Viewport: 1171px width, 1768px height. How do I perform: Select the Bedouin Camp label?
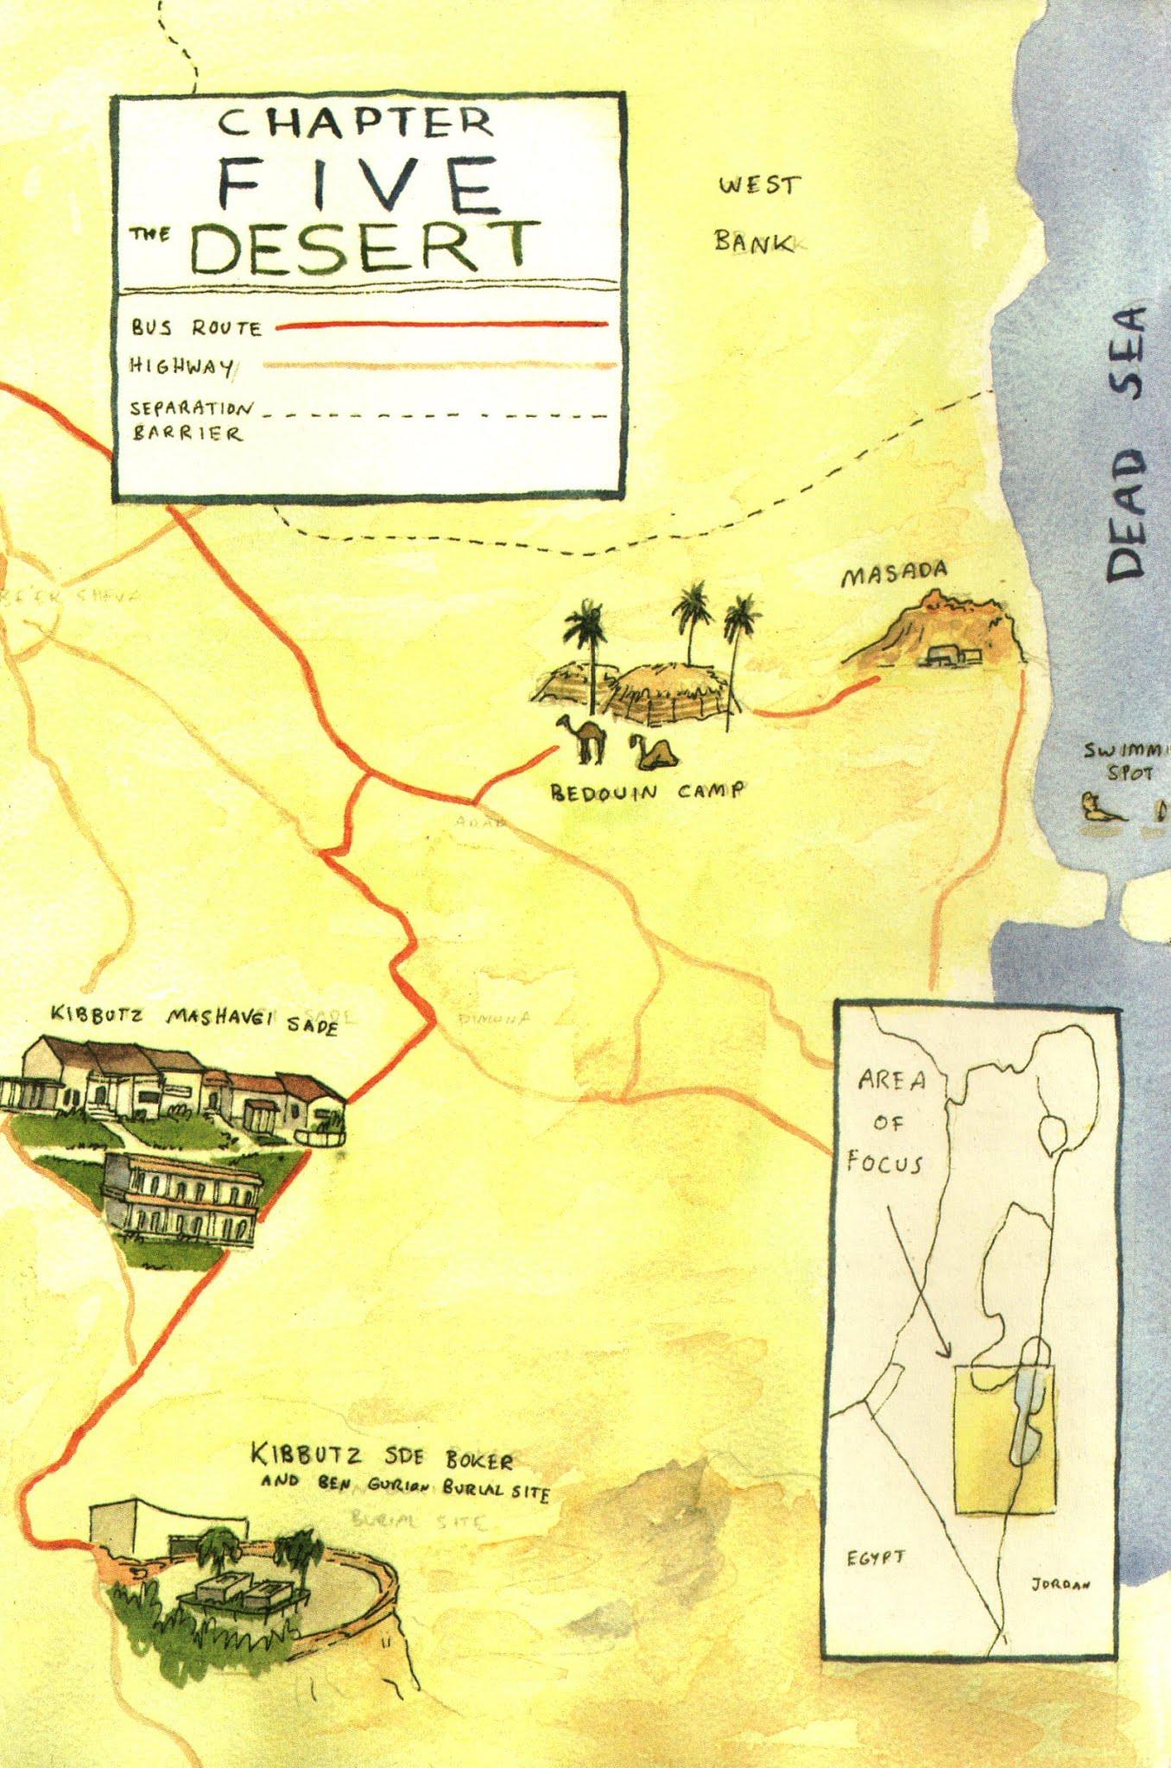[x=647, y=792]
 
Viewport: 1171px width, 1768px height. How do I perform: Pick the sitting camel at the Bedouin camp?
[x=654, y=753]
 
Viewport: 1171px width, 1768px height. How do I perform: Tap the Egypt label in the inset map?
[x=875, y=1557]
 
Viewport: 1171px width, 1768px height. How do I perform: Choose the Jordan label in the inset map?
[x=1060, y=1584]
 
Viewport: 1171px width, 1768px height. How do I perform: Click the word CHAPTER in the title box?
[x=354, y=123]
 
